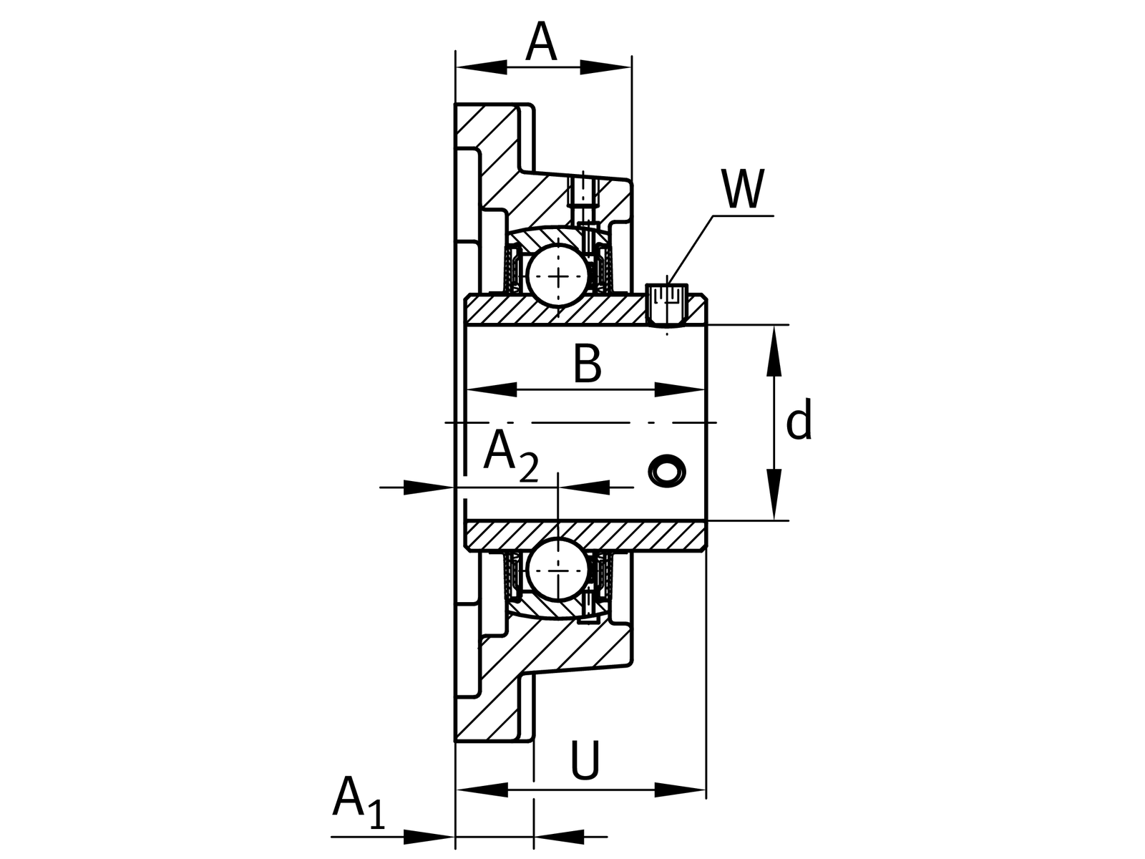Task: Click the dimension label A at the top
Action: coord(541,42)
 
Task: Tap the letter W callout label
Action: coord(743,188)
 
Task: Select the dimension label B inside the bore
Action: coord(587,363)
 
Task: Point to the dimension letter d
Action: coord(799,419)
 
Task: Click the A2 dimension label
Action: coord(511,455)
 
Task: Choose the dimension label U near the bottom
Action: coord(585,759)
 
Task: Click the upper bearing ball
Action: coord(558,276)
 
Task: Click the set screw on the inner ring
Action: coord(667,305)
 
